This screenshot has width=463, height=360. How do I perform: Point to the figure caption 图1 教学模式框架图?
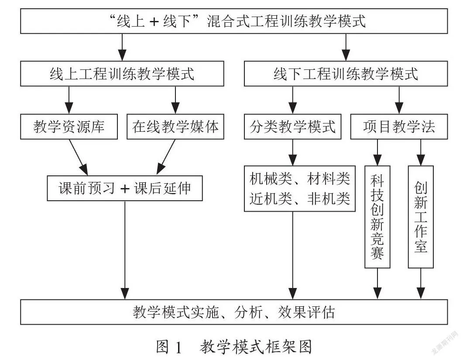234,346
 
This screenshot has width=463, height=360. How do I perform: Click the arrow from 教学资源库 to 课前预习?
79,158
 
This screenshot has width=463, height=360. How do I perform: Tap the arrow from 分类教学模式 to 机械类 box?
293,152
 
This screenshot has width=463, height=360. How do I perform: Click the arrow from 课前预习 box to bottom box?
125,250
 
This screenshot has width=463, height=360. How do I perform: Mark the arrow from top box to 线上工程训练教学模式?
122,47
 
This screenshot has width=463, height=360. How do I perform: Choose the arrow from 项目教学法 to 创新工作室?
421,152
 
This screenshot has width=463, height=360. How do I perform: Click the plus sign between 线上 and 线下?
154,22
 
